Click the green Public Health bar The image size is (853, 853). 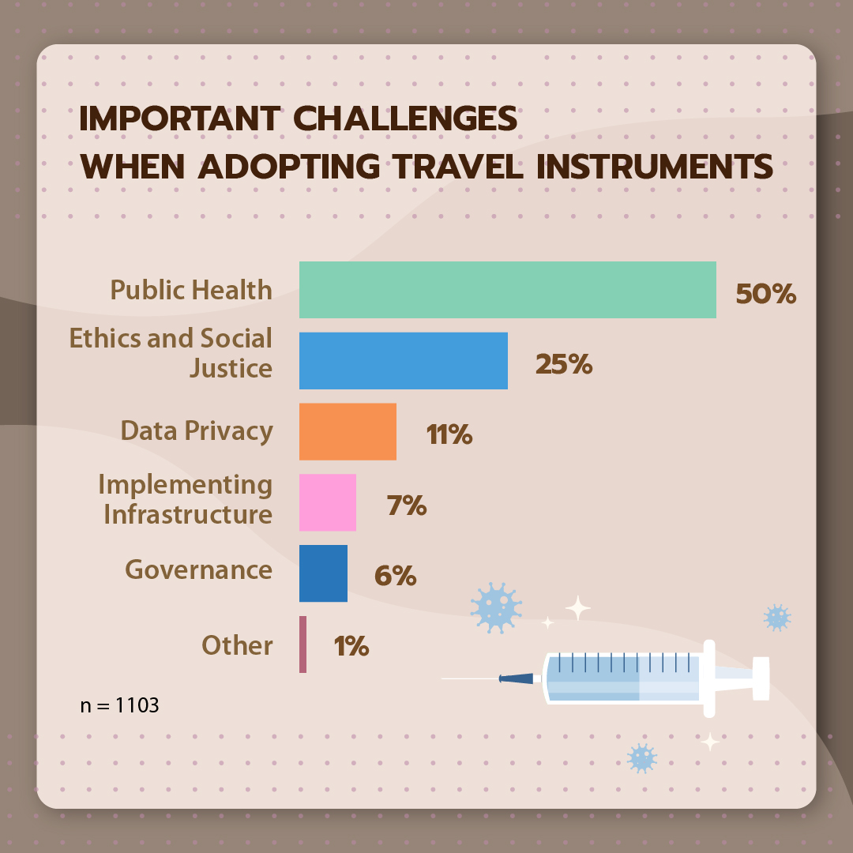pos(508,290)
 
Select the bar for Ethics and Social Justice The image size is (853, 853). pos(403,361)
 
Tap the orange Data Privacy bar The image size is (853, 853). pos(348,431)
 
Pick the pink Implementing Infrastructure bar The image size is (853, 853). pos(328,502)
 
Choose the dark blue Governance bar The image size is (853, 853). pos(323,573)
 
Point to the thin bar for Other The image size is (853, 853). pos(303,644)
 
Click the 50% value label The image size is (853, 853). pos(765,294)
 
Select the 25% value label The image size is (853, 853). pos(564,364)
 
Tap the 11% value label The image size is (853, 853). pos(449,434)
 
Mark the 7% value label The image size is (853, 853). pos(407,505)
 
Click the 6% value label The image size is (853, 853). pos(396,576)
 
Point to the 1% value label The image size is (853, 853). pos(351,646)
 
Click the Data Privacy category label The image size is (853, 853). pos(197,431)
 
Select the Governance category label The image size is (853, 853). pos(198,569)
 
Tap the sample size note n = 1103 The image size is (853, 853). pos(120,705)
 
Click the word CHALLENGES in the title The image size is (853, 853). pos(405,118)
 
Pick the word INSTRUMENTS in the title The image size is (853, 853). pos(655,166)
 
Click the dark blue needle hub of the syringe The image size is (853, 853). pos(517,678)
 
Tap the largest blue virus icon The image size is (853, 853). pos(496,607)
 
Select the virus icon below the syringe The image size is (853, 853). pos(642,758)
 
